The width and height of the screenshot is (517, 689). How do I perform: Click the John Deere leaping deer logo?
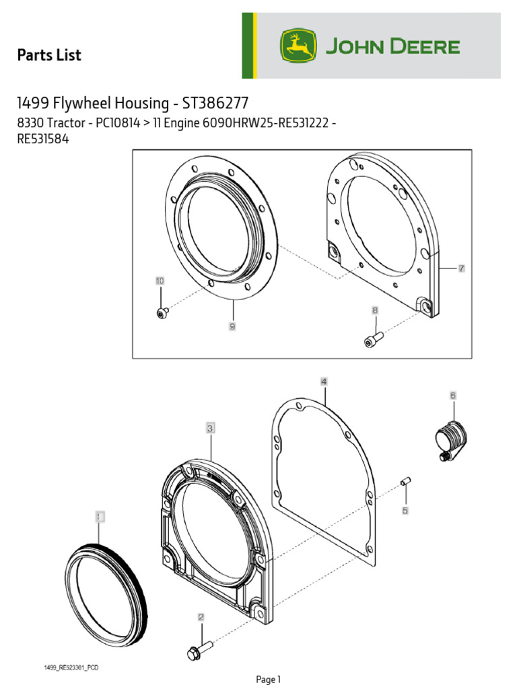tap(298, 46)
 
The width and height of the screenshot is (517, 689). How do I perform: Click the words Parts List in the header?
tap(49, 55)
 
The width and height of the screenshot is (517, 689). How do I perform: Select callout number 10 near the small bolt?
tap(160, 281)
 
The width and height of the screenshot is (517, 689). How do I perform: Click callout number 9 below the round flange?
tap(232, 326)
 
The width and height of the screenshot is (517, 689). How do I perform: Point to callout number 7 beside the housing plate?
tap(461, 268)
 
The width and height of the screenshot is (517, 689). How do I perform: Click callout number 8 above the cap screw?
tap(375, 310)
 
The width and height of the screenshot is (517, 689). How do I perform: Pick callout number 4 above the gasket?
tap(324, 382)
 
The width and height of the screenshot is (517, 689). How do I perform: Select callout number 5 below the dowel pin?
tap(405, 511)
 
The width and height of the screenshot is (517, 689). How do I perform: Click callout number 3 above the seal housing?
tap(210, 427)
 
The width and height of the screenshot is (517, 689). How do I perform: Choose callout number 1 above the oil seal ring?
tap(100, 517)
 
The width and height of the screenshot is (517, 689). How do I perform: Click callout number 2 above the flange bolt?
tap(201, 616)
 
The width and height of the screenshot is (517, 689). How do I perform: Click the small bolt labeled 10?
tap(162, 312)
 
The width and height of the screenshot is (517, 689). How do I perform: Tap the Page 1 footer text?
tap(268, 680)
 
